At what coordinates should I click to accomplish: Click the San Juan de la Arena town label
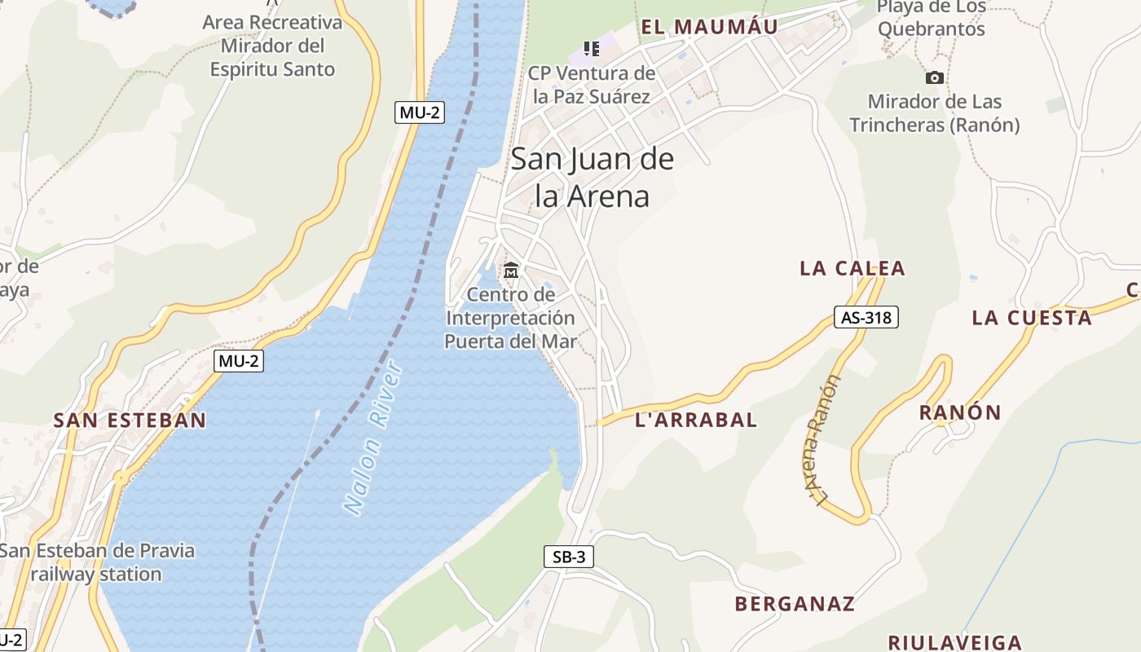(x=593, y=177)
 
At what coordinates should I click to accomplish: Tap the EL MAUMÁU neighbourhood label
(x=709, y=27)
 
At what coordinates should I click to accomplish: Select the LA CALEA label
(x=852, y=268)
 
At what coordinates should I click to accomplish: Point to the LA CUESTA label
(x=1032, y=318)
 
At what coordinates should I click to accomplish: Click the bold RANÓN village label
(x=960, y=412)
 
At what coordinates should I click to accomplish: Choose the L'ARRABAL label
(x=696, y=420)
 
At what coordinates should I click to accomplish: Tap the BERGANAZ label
(x=795, y=604)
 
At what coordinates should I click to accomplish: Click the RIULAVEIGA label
(x=954, y=642)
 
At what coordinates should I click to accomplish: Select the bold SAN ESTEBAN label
(x=130, y=421)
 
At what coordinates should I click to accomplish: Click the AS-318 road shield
(x=866, y=317)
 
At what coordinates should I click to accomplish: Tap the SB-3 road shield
(x=569, y=557)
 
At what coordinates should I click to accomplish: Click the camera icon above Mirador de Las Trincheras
(x=935, y=78)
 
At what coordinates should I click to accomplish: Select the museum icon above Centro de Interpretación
(x=511, y=270)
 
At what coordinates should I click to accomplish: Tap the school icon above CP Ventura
(x=592, y=49)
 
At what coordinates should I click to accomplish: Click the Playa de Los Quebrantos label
(x=931, y=19)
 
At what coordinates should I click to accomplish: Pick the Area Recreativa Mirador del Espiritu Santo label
(x=272, y=46)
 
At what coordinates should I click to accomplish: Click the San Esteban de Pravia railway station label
(x=97, y=562)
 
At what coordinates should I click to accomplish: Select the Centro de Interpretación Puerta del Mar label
(x=510, y=318)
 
